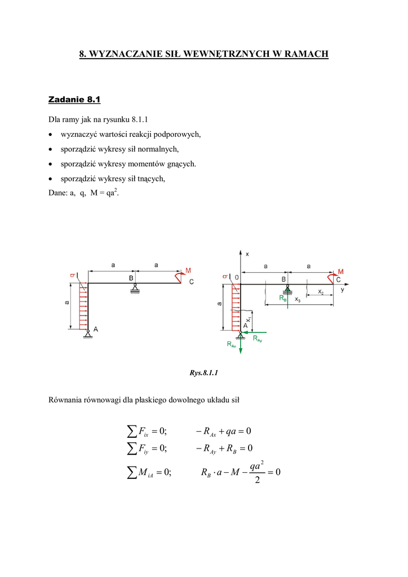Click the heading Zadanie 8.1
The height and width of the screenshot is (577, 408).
(x=74, y=100)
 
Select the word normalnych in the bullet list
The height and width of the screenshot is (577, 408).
(x=160, y=149)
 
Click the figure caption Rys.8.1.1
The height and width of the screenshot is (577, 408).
(x=204, y=372)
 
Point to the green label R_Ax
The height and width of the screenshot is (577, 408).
(x=232, y=344)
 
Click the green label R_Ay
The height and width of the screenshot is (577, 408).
(x=258, y=338)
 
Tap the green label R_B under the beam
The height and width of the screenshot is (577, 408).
(x=283, y=299)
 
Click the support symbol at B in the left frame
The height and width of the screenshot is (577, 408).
(x=134, y=289)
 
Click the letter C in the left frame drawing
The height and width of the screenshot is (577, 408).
(x=191, y=281)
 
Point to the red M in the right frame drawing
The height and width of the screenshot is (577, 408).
(x=340, y=272)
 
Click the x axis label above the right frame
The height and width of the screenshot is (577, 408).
(x=247, y=255)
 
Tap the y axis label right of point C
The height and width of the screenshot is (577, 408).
(x=342, y=289)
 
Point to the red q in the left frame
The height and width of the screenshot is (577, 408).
(x=72, y=275)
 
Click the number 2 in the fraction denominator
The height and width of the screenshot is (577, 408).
(x=257, y=480)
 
